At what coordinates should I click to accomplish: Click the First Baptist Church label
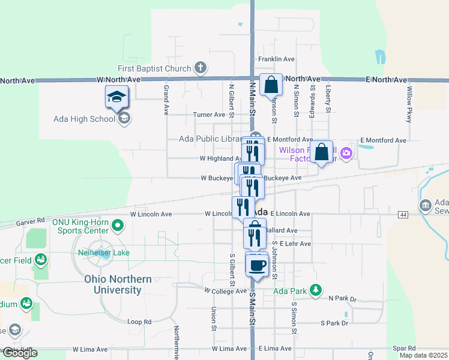(154, 68)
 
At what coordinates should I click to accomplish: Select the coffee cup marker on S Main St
(258, 265)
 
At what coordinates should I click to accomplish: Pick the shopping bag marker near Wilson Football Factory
(322, 152)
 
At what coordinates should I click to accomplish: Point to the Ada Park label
(289, 291)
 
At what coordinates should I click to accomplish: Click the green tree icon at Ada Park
(315, 291)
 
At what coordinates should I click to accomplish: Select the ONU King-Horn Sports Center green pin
(118, 226)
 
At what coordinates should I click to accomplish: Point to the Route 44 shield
(402, 214)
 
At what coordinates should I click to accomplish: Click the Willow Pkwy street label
(409, 104)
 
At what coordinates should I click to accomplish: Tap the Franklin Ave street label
(276, 59)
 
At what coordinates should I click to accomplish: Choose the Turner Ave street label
(209, 115)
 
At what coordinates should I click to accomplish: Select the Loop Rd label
(140, 322)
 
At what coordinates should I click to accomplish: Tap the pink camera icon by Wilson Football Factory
(346, 154)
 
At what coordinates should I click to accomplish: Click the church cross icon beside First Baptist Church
(200, 68)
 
